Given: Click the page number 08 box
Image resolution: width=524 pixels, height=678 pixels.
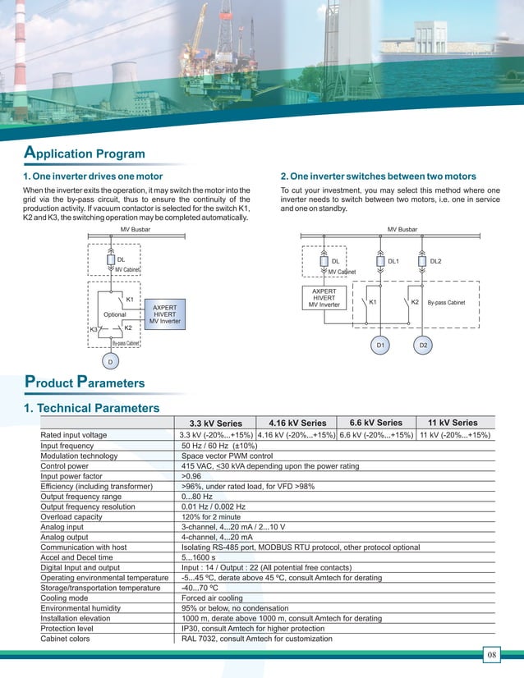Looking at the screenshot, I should click(491, 654).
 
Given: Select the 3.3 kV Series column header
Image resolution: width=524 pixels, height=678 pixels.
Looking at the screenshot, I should click(216, 424).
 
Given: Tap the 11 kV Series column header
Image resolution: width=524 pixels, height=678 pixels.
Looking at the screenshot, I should click(453, 423).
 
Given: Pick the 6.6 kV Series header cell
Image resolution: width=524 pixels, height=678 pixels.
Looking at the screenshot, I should click(376, 423).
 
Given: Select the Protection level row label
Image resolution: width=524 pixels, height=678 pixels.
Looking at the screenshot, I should click(71, 628).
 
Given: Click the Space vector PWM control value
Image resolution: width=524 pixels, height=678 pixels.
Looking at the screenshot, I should click(227, 456).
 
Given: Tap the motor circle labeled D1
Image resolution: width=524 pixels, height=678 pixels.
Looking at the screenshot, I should click(380, 346).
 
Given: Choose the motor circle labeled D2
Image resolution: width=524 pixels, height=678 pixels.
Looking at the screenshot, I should click(423, 346).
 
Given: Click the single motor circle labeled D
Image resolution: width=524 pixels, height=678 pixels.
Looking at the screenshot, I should click(110, 361).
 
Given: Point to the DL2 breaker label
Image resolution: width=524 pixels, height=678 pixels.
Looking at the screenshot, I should click(435, 261).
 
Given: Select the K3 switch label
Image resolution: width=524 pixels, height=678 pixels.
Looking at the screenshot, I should click(94, 330).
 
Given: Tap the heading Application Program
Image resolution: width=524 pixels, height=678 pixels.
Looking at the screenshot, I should click(85, 153).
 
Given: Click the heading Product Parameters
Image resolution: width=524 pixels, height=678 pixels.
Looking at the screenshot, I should click(85, 382).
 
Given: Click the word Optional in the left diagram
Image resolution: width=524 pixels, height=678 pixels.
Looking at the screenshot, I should click(115, 314).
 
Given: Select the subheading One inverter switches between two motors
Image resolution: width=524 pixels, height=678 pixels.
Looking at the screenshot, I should click(379, 176).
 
